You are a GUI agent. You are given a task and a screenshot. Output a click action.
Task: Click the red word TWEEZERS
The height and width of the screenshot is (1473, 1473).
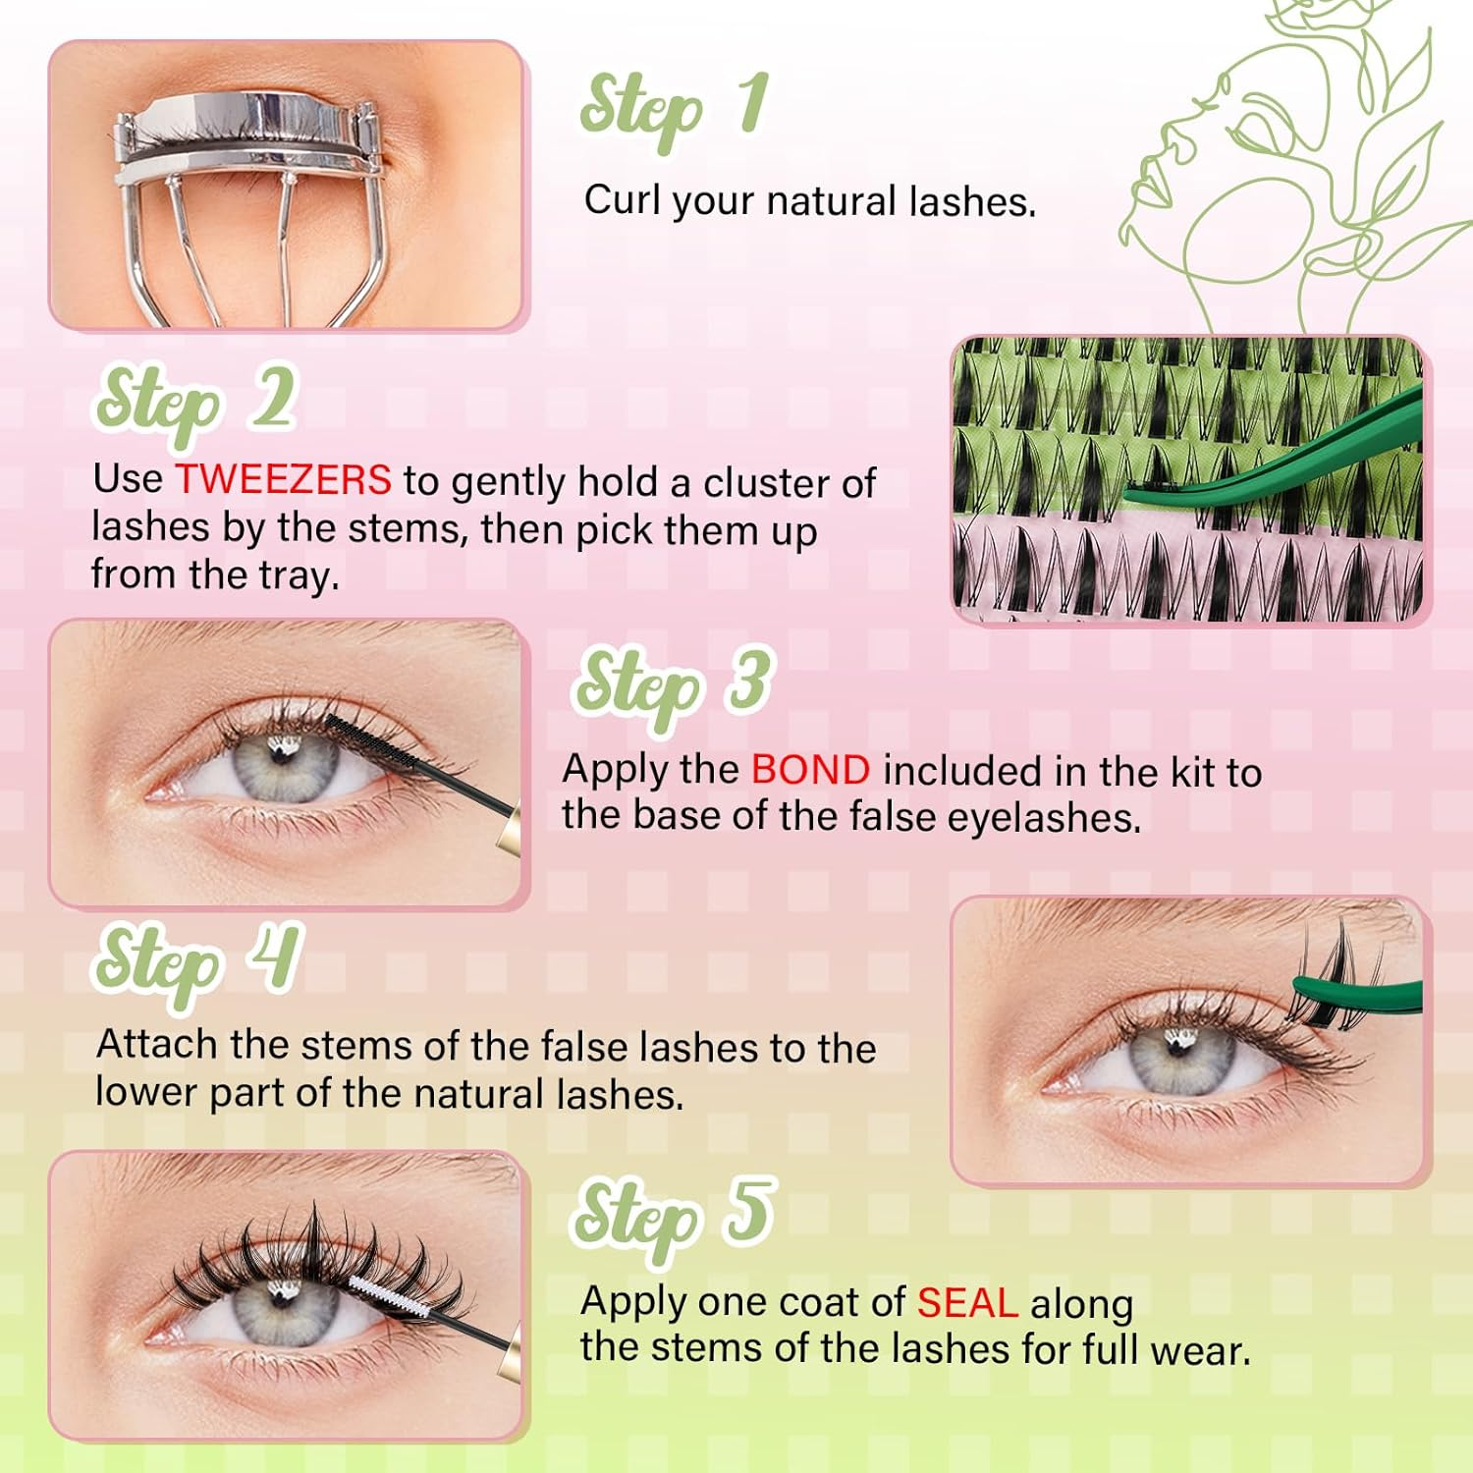283,480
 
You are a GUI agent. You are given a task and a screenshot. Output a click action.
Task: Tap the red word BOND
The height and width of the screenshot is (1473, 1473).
810,770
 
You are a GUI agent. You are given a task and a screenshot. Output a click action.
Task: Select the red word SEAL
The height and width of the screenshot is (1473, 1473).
967,1302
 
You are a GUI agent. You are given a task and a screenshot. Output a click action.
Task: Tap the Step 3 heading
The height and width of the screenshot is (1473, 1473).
673,684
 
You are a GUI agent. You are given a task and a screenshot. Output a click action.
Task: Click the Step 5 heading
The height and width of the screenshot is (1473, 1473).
673,1216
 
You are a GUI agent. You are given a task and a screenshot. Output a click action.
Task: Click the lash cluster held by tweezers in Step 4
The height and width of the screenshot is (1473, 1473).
1321,972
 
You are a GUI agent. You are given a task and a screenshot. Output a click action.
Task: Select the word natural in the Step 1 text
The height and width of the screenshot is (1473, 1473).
832,201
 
